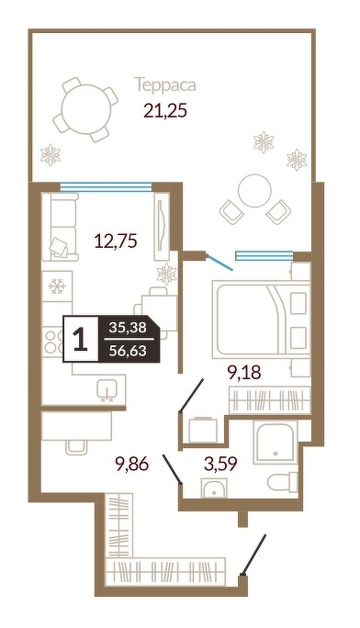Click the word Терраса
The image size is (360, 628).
[x=165, y=84]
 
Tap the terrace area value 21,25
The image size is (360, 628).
[x=165, y=111]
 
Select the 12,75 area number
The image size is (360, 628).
[x=116, y=241]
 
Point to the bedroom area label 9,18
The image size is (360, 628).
[x=244, y=372]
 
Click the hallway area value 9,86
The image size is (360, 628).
[x=131, y=465]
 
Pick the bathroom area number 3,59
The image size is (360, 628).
[x=220, y=464]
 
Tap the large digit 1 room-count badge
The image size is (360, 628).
[x=81, y=339]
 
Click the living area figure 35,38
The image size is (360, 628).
[x=129, y=328]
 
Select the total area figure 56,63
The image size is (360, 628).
[x=129, y=351]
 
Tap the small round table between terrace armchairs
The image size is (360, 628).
[x=254, y=190]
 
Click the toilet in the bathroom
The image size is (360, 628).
[x=283, y=481]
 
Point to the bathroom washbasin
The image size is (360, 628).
[x=214, y=488]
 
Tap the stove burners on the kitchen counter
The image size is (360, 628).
[x=53, y=341]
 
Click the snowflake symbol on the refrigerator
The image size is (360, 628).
[x=57, y=286]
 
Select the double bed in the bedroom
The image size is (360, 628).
[x=261, y=319]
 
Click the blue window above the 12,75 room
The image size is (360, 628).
[x=107, y=185]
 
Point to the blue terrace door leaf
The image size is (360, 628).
[x=219, y=262]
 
